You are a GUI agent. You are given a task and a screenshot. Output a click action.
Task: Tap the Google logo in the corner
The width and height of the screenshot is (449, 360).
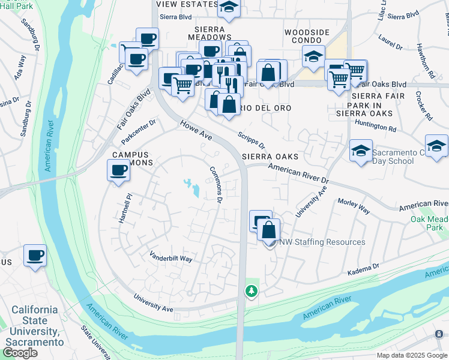(x=20, y=352)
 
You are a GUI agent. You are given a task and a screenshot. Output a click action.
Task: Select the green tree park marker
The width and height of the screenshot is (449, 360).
(x=251, y=291)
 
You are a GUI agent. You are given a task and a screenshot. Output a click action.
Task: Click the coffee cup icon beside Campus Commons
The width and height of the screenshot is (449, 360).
(x=118, y=170)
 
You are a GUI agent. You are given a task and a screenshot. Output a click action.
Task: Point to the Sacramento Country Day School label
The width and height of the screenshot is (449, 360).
(x=400, y=157)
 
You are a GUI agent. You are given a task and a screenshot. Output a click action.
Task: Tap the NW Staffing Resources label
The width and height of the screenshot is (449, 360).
(x=322, y=242)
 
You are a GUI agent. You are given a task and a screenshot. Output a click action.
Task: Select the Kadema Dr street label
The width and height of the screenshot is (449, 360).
(x=364, y=269)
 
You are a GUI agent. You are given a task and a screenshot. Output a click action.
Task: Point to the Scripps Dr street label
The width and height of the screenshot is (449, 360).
(x=251, y=140)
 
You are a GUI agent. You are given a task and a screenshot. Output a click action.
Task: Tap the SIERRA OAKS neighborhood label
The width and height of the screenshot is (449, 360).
(x=270, y=157)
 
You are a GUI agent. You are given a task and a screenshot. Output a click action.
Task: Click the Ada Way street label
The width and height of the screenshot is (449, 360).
(x=20, y=63)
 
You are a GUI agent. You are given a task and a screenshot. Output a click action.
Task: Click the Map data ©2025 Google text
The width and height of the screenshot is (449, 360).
(x=411, y=355)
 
